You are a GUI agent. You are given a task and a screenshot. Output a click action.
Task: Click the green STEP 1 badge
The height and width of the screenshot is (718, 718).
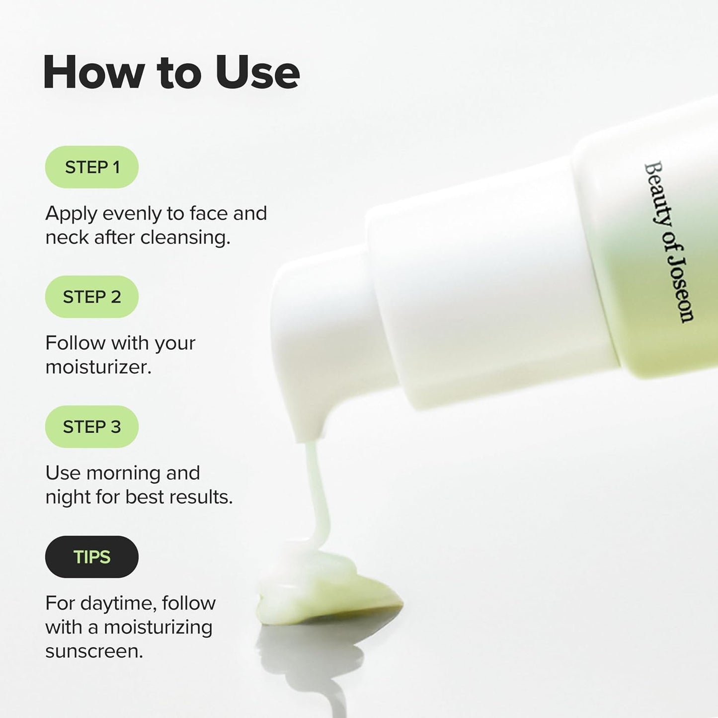click(x=91, y=167)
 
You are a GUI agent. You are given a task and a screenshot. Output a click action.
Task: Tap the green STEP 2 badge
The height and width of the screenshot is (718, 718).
click(x=91, y=297)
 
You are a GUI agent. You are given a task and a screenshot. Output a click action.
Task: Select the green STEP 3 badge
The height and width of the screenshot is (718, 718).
click(x=91, y=426)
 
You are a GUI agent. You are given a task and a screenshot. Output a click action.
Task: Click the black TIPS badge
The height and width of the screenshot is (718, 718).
click(x=91, y=557)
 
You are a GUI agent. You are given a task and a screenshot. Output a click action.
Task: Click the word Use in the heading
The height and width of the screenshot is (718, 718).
click(x=257, y=73)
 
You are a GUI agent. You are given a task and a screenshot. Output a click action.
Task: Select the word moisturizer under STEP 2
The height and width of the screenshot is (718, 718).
click(x=98, y=367)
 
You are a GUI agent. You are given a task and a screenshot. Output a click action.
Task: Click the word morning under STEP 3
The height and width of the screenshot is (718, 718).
click(x=123, y=473)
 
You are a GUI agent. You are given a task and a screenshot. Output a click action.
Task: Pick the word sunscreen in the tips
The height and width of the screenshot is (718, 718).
click(x=93, y=651)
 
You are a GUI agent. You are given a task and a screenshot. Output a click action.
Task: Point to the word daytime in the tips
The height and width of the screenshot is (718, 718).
click(x=118, y=603)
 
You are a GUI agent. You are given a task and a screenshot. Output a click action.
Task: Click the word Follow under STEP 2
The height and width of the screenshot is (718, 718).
click(x=75, y=343)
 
